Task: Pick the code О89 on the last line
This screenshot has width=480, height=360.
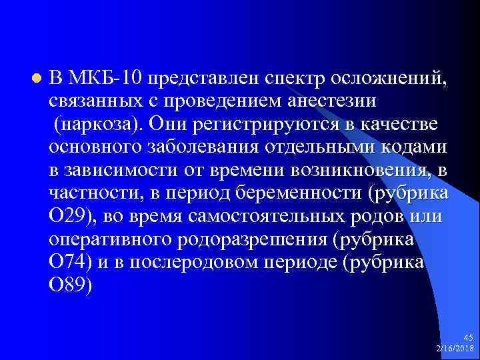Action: click(69, 285)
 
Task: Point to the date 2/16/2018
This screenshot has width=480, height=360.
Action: click(455, 349)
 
